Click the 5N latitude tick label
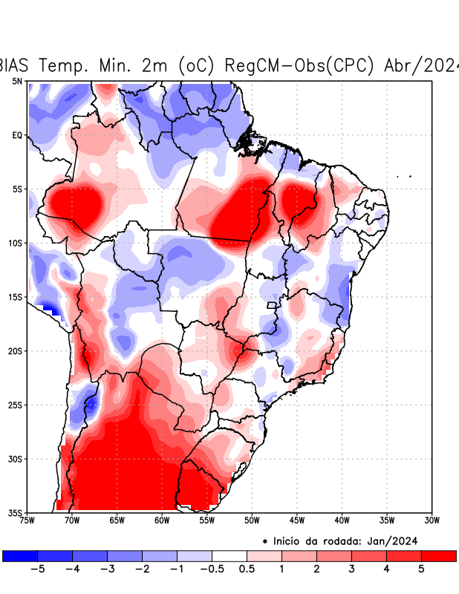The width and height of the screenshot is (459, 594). (x=17, y=81)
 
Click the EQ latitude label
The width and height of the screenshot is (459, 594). (x=17, y=135)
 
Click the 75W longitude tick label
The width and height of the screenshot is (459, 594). (x=27, y=520)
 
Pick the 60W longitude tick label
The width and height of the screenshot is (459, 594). (x=162, y=520)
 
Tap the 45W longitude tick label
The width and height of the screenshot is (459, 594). (x=297, y=520)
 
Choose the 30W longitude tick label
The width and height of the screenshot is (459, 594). (x=432, y=520)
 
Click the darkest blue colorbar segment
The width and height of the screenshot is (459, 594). (x=20, y=555)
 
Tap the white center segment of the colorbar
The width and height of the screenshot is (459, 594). (x=229, y=555)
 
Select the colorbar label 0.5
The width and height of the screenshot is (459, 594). (x=247, y=569)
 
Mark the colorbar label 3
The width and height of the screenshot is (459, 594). (x=351, y=569)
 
